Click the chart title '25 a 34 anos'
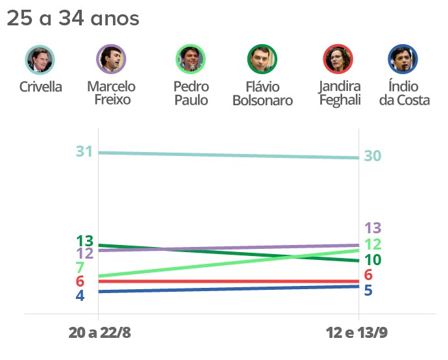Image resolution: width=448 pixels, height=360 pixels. pyautogui.click(x=73, y=19)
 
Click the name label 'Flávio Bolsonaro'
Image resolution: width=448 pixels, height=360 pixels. pyautogui.click(x=262, y=94)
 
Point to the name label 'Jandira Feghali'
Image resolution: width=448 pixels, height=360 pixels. pyautogui.click(x=339, y=94)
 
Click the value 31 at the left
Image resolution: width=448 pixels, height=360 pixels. pyautogui.click(x=84, y=152)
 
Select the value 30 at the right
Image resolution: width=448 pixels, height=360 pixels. pyautogui.click(x=372, y=156)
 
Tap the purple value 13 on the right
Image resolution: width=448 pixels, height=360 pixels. pyautogui.click(x=372, y=228)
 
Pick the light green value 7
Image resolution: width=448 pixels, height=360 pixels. pyautogui.click(x=80, y=268)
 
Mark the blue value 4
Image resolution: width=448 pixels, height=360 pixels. pyautogui.click(x=80, y=296)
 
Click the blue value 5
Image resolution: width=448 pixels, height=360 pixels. pyautogui.click(x=368, y=290)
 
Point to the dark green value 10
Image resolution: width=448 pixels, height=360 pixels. pyautogui.click(x=372, y=260)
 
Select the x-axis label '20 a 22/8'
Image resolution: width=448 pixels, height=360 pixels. pyautogui.click(x=99, y=333)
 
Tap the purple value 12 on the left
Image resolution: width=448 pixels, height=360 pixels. pyautogui.click(x=84, y=253)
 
